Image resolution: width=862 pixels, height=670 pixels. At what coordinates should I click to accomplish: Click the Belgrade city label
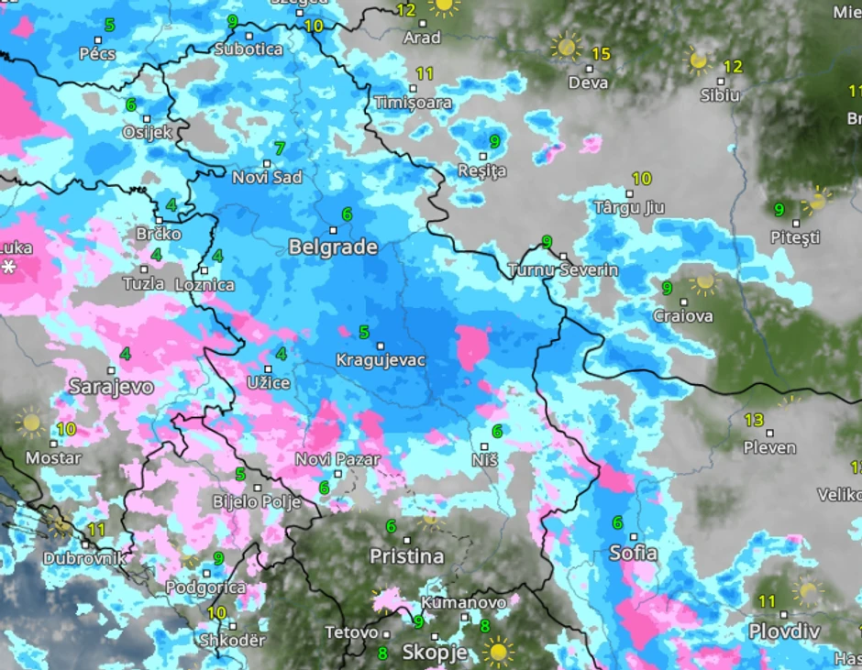333,247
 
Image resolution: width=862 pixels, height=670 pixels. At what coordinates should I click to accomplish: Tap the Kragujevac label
381,360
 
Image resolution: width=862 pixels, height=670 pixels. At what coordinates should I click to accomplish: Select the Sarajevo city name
111,387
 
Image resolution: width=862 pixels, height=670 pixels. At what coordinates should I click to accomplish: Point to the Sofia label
633,553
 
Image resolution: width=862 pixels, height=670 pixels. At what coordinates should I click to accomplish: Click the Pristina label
406,556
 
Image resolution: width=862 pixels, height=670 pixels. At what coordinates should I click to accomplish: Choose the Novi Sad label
267,178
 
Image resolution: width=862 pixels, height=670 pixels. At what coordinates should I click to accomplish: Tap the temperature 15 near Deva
600,54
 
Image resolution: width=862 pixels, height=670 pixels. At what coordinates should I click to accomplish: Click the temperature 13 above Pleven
754,420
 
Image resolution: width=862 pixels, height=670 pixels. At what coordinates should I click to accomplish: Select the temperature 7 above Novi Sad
280,148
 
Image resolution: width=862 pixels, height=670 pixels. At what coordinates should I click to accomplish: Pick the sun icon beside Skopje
499,652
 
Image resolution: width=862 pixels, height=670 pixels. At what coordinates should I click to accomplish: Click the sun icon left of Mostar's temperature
30,423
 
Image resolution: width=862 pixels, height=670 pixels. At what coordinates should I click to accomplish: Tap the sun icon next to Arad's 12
445,5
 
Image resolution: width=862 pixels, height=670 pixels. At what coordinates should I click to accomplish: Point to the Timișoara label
414,103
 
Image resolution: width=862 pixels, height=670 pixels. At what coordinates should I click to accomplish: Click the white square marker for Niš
485,446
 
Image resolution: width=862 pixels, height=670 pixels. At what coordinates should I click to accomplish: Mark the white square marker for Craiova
683,302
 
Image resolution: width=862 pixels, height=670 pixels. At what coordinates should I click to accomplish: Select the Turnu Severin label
563,270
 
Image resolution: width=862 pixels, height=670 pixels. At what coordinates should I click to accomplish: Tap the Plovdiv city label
784,632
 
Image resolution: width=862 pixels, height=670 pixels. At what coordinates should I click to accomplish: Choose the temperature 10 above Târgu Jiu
641,179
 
